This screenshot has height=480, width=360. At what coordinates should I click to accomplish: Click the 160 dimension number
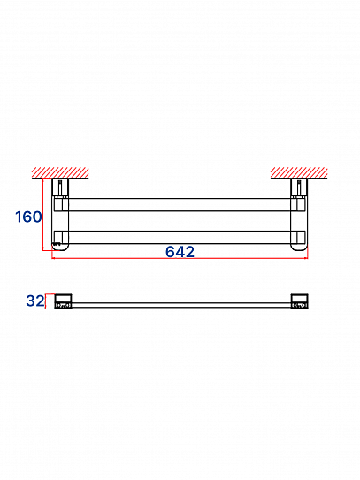click(x=28, y=217)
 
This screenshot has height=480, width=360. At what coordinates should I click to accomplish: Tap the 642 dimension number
click(x=180, y=252)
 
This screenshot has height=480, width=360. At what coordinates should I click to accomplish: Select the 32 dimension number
click(x=35, y=301)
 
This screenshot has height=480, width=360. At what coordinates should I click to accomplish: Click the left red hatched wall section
click(x=60, y=172)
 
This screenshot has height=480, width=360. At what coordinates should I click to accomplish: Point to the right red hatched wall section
click(x=299, y=172)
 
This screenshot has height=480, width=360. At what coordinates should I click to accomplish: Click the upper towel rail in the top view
click(x=180, y=205)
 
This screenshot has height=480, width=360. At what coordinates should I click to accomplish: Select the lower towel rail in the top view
click(x=180, y=237)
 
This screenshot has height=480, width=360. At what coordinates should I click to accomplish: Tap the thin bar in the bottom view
click(x=181, y=305)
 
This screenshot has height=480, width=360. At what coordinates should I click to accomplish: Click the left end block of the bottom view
click(x=63, y=301)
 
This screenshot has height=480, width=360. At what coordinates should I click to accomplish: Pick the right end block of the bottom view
click(x=299, y=301)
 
